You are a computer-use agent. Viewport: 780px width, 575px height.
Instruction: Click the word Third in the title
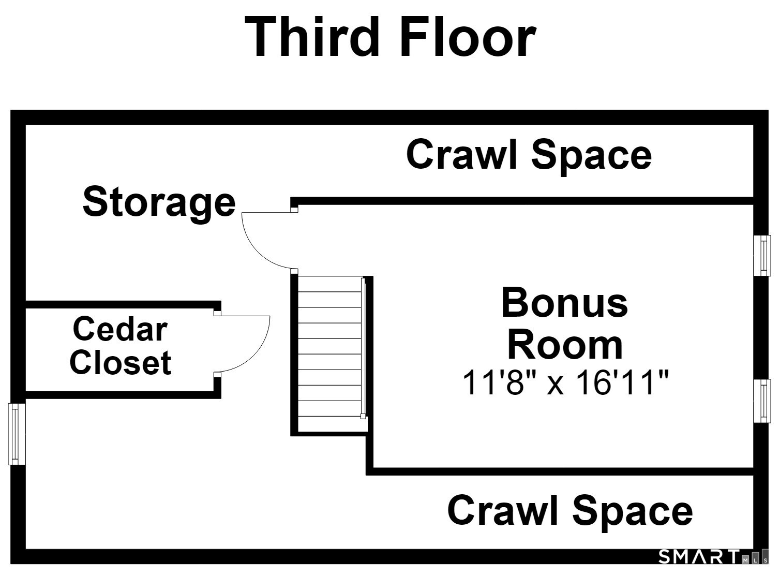[x=312, y=37]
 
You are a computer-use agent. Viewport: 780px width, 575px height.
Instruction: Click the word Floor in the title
[x=468, y=37]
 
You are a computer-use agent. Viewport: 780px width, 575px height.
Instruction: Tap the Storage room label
[x=159, y=203]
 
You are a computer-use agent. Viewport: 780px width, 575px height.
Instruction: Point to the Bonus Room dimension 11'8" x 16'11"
[x=565, y=382]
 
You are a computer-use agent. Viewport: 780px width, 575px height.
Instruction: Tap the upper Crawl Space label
[x=529, y=155]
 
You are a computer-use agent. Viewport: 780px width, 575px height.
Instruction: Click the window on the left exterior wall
[x=17, y=434]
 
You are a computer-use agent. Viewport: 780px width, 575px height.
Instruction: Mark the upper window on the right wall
[x=761, y=256]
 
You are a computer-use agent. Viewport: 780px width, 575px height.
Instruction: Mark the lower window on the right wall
[x=761, y=401]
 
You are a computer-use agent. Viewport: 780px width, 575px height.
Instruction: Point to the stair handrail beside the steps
[x=363, y=348]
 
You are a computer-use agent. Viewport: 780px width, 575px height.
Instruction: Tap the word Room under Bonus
[x=565, y=346]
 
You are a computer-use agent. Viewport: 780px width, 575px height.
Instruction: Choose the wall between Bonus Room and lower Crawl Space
[x=560, y=471]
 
